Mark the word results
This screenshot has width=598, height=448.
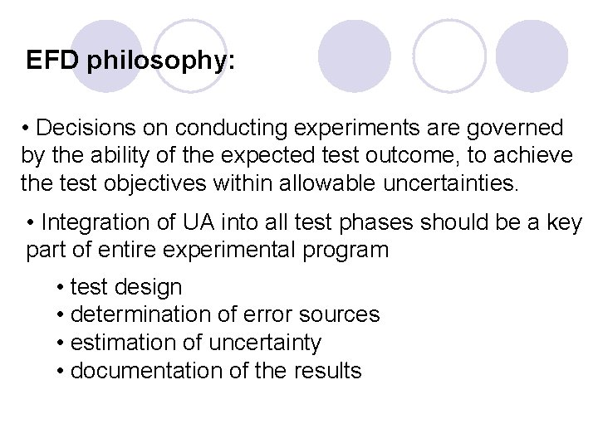click(328, 370)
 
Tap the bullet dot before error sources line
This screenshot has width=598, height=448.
click(62, 315)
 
